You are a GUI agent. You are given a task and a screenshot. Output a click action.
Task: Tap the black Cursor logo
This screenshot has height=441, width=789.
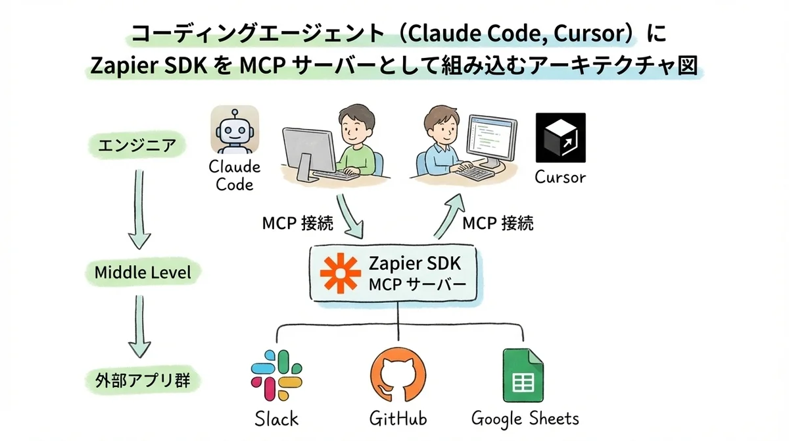tap(560, 138)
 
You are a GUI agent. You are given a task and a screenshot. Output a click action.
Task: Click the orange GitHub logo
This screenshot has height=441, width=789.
tap(397, 376)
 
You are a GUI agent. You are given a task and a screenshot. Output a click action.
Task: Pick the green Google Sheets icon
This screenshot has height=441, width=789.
tap(523, 375)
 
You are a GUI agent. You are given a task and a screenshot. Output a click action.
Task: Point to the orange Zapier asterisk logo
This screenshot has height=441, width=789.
tap(340, 272)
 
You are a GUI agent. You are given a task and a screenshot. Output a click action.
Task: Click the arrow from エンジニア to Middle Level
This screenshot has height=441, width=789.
tap(139, 209)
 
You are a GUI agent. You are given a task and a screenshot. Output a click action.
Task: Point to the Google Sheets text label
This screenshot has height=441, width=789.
tap(525, 418)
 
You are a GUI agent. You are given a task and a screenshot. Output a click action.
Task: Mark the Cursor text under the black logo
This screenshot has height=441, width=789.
tap(560, 176)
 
